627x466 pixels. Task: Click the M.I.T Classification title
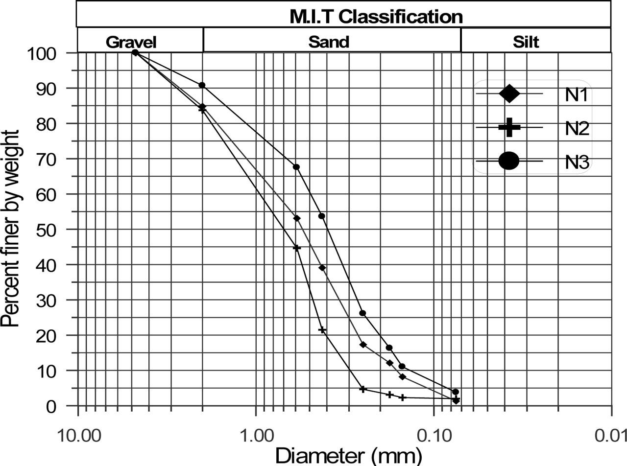[376, 17]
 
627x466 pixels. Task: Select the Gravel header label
[131, 42]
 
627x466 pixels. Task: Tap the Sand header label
[329, 42]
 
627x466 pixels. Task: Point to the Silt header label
[526, 42]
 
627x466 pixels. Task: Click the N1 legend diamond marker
[509, 93]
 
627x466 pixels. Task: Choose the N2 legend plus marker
[509, 127]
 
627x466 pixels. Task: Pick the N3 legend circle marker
[509, 161]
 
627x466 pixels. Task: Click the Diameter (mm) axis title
[348, 456]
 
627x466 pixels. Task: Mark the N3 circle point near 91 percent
[202, 85]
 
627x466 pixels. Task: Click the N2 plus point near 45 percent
[296, 248]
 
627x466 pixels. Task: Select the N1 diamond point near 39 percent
[322, 268]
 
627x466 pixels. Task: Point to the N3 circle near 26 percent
[362, 313]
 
